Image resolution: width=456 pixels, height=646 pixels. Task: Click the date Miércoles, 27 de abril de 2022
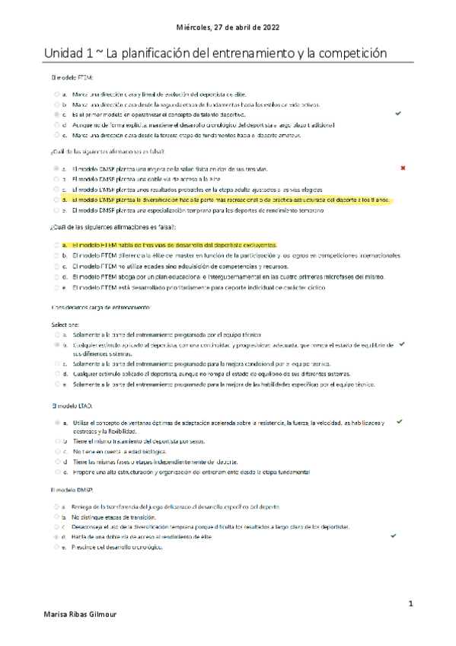click(228, 26)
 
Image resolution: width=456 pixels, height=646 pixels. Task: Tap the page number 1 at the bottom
click(410, 604)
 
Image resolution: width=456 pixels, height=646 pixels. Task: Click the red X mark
click(402, 167)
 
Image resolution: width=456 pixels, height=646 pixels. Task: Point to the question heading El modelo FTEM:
click(66, 78)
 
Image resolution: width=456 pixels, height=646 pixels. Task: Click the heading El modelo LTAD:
click(67, 406)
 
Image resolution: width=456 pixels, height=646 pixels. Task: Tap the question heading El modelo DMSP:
click(68, 489)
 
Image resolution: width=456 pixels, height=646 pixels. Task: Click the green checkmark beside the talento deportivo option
click(398, 113)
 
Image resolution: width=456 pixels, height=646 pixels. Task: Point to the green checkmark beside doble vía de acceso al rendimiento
click(393, 536)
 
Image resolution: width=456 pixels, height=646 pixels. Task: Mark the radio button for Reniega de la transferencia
click(56, 506)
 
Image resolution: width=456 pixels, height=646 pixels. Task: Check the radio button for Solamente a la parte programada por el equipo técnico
click(56, 334)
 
